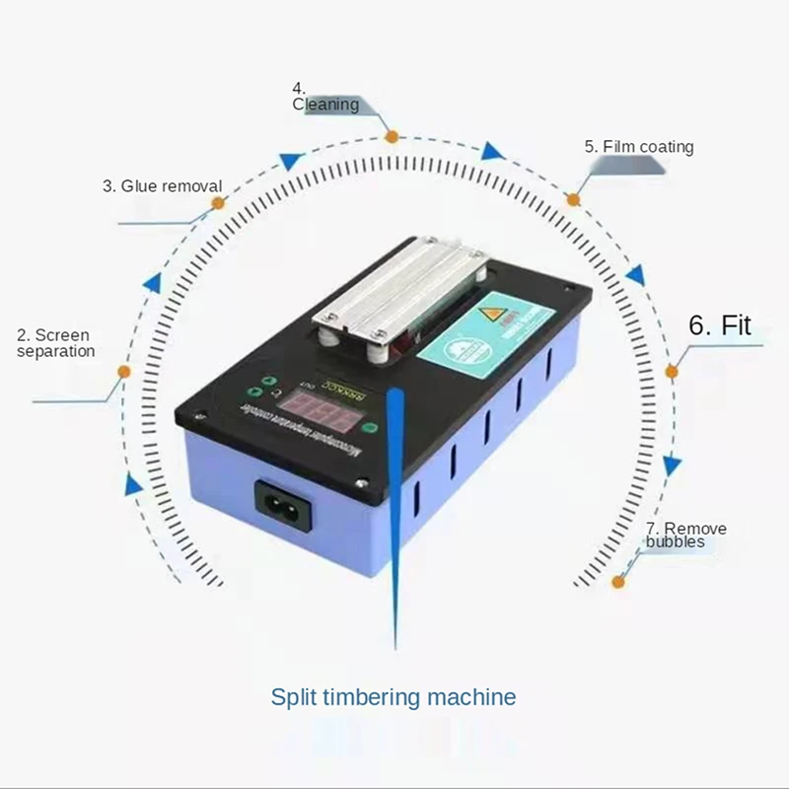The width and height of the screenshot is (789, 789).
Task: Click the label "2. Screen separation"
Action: coord(56,343)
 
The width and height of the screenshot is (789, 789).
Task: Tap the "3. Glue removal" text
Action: coord(162,185)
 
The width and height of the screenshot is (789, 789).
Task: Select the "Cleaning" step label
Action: coord(325,104)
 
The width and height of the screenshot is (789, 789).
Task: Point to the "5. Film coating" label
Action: coord(639,147)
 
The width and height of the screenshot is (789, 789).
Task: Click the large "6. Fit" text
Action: coord(720,325)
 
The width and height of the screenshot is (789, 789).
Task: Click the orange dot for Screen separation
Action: coord(124,372)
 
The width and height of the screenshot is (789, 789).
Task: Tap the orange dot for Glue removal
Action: coord(218,202)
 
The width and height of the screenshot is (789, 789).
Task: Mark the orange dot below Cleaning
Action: coord(392,136)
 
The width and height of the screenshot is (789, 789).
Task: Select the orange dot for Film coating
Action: coord(573,199)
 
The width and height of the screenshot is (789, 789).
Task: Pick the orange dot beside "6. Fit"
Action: coord(672,372)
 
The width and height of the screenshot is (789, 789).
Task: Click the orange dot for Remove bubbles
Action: coord(618,582)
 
